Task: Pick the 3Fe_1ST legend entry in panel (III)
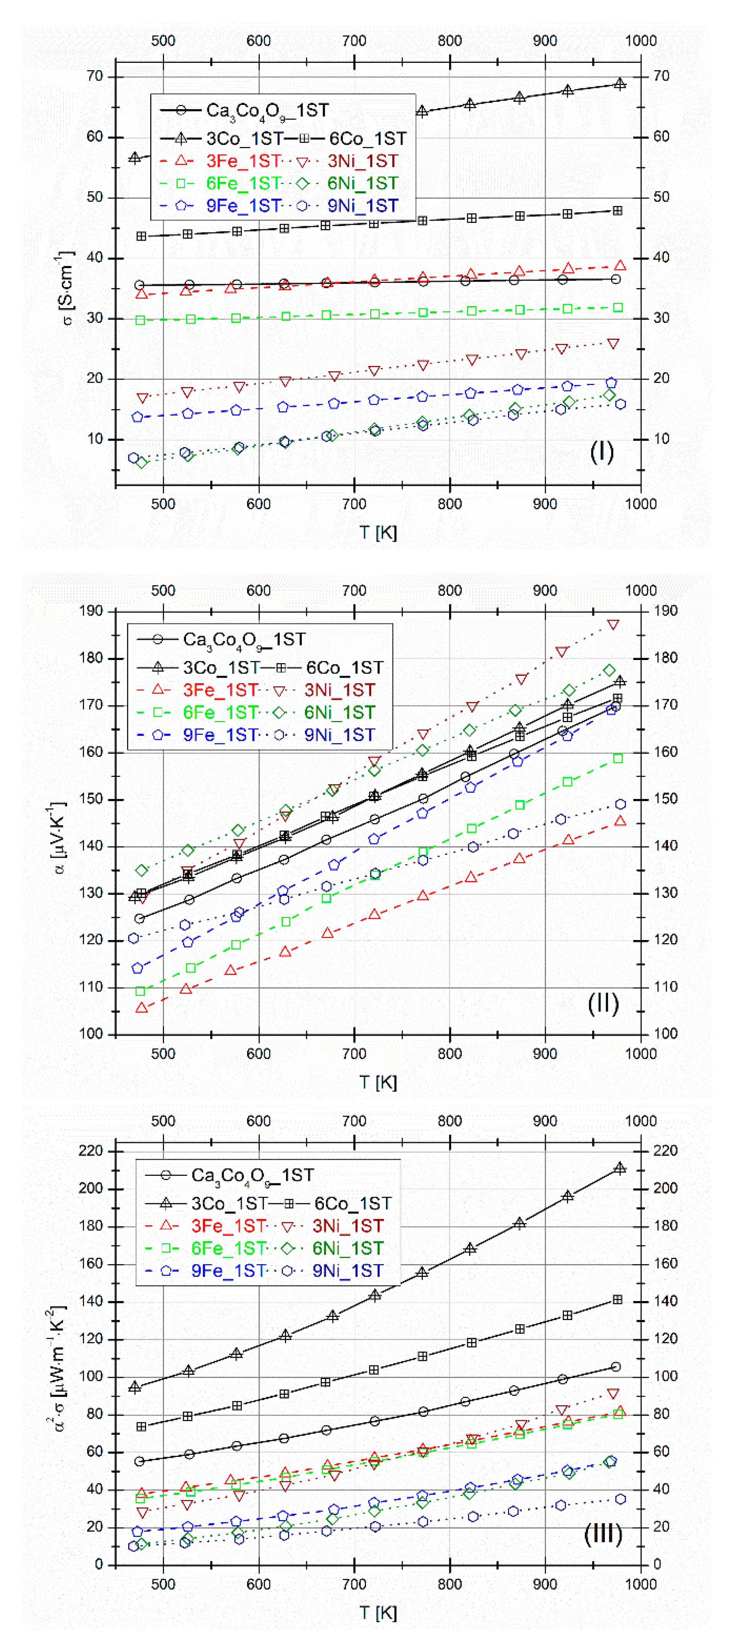[x=228, y=1226]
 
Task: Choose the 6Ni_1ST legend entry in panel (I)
[x=362, y=183]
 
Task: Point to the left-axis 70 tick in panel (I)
[x=95, y=76]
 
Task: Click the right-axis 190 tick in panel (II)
[x=665, y=611]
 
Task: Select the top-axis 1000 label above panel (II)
[x=640, y=590]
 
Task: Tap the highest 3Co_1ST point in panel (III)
[x=620, y=1168]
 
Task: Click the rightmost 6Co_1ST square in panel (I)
[x=617, y=211]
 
